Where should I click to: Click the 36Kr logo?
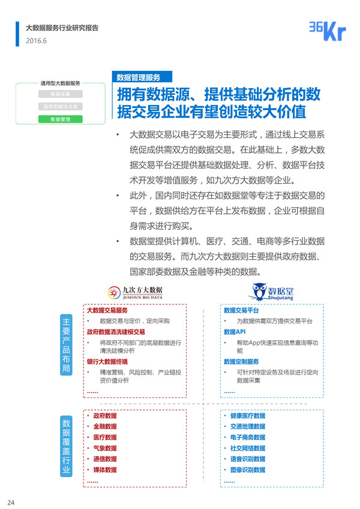click(x=327, y=31)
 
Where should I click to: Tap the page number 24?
click(x=11, y=502)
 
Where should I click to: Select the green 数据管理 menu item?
click(x=61, y=119)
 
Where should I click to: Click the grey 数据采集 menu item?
click(x=61, y=94)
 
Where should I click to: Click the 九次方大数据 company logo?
click(x=134, y=292)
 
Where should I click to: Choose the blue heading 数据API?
click(x=235, y=331)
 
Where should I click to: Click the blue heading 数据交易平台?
click(x=241, y=311)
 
